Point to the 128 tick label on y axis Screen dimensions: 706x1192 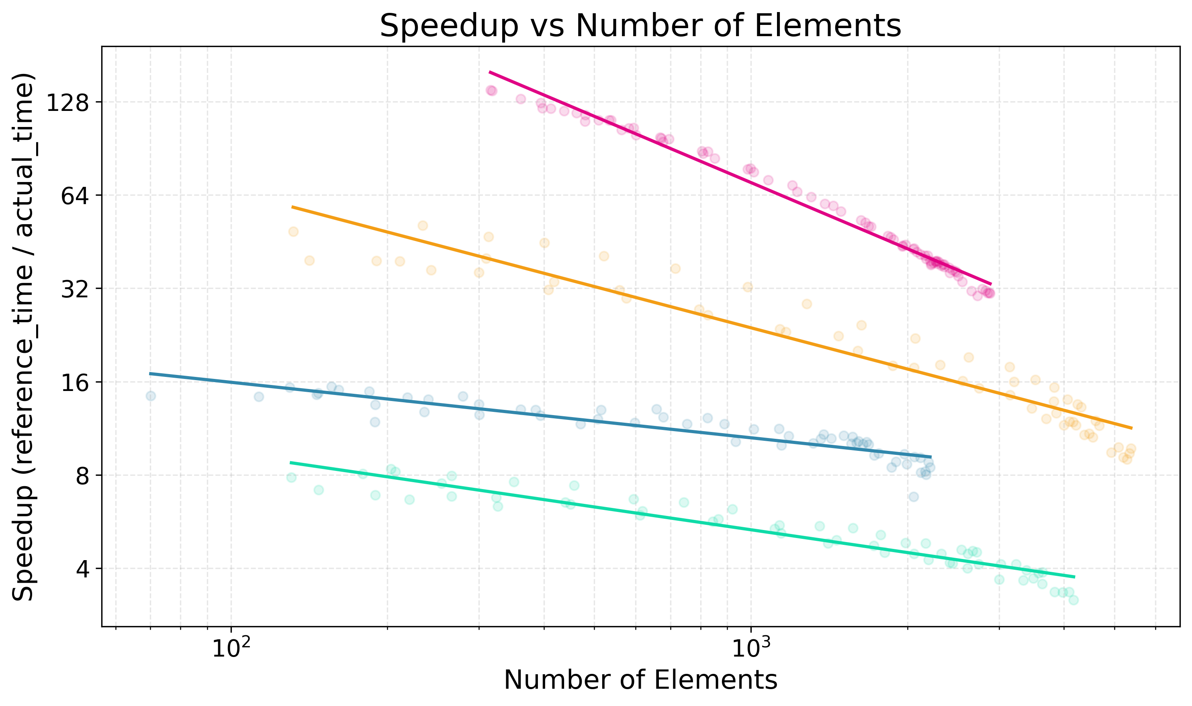(67, 103)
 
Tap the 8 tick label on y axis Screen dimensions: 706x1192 (82, 476)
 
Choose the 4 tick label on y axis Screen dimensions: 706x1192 (82, 569)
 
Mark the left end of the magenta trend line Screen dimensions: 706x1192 (489, 72)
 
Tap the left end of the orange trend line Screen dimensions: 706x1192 (292, 207)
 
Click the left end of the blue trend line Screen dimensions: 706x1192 (149, 373)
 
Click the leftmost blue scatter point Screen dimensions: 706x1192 (151, 396)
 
